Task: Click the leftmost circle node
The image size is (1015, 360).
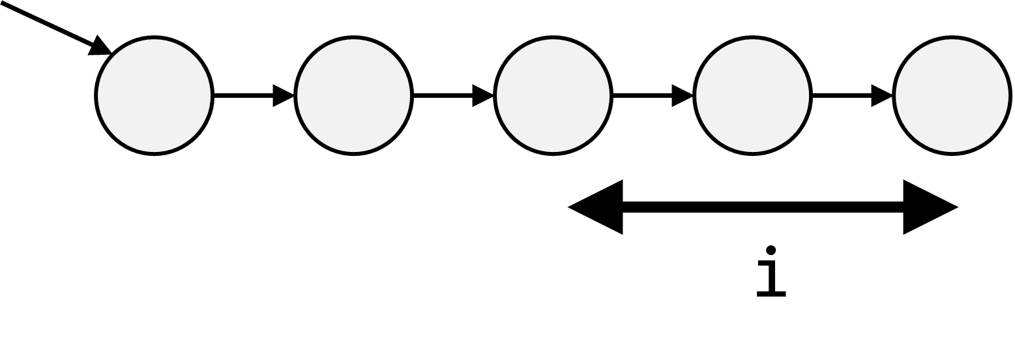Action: [x=154, y=96]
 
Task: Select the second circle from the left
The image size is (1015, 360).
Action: [x=353, y=96]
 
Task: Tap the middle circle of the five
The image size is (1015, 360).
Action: [x=553, y=96]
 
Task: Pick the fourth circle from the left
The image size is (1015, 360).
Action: [x=753, y=96]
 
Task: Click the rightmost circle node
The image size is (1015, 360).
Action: [x=952, y=96]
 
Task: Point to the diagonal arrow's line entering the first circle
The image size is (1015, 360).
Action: [x=50, y=24]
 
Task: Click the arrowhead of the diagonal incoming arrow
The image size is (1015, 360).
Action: [x=100, y=46]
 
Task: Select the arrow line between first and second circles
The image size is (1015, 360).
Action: [x=244, y=96]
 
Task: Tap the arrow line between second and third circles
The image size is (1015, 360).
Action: [x=443, y=96]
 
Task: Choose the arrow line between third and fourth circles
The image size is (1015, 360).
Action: [x=643, y=96]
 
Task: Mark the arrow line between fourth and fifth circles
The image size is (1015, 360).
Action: [x=842, y=96]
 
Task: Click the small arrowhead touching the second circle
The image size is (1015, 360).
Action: [x=283, y=96]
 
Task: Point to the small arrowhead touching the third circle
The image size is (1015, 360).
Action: [x=483, y=96]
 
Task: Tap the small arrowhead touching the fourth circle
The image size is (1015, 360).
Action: [x=683, y=96]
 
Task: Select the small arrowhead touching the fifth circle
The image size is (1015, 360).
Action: [x=882, y=96]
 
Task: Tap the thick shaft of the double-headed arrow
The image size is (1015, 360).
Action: [x=763, y=207]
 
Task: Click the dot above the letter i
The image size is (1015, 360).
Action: [x=771, y=250]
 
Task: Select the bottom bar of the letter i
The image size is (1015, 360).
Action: [x=771, y=294]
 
